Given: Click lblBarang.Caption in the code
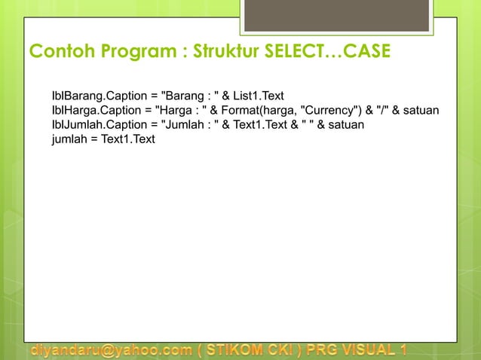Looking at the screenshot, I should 95,96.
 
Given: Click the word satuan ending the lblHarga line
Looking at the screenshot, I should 421,111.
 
